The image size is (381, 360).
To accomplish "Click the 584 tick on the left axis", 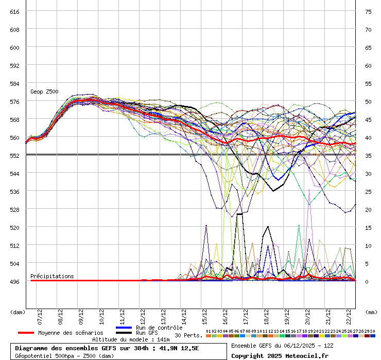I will (x=14, y=83).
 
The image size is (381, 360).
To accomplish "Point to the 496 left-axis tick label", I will (x=14, y=281).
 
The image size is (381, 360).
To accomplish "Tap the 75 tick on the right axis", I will (x=368, y=11).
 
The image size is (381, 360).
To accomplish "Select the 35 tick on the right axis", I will (x=368, y=155).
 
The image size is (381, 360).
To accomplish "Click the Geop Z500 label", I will (x=44, y=92).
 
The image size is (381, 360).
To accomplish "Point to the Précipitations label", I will (x=52, y=276).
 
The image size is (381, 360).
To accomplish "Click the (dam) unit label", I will (x=18, y=312).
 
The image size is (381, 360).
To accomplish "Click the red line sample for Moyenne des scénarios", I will (x=26, y=333).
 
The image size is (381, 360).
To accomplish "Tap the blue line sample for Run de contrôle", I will (x=124, y=328).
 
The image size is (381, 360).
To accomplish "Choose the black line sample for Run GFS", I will (x=124, y=333).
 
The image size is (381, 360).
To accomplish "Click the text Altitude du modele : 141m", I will (x=131, y=339).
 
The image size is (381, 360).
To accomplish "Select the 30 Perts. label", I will (x=188, y=335).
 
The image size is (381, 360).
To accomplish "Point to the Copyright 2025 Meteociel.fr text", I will (x=279, y=355).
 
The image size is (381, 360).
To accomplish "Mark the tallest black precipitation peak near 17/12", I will (x=239, y=214).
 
